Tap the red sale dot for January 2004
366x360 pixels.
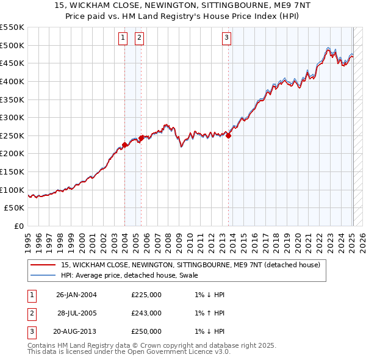124,145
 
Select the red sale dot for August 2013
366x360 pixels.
229,135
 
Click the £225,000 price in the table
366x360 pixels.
146,295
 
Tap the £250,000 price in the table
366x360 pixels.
146,331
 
